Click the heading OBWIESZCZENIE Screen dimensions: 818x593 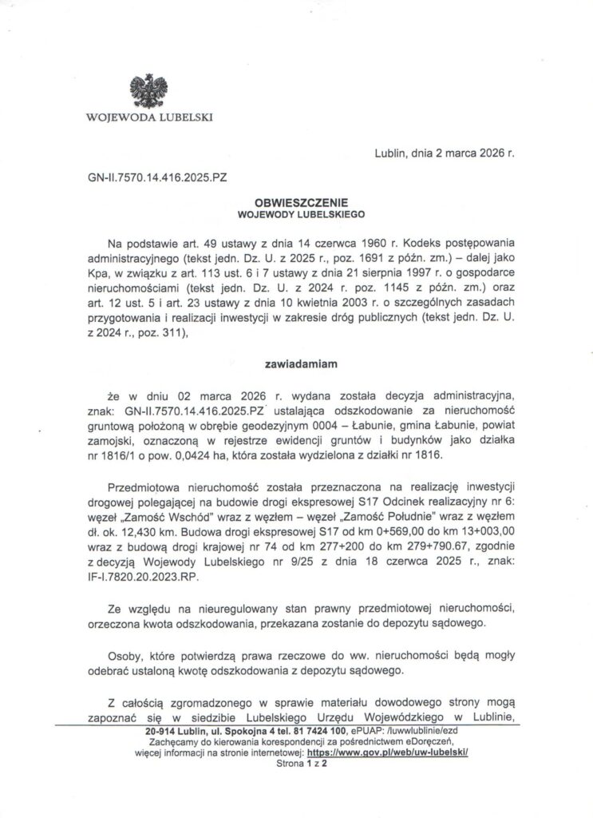tap(298, 204)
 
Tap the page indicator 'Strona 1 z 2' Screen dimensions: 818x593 tap(296, 763)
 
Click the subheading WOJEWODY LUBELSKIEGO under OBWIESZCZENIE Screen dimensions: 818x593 tap(298, 215)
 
